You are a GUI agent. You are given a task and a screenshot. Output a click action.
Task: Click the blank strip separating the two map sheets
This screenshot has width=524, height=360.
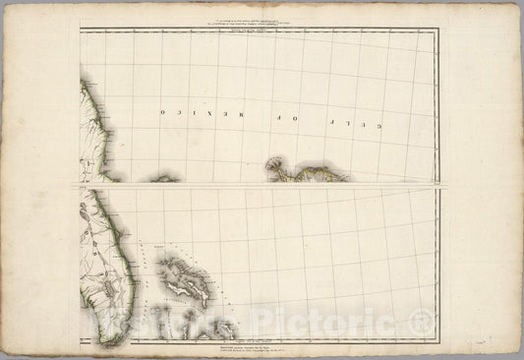pyautogui.click(x=261, y=185)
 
